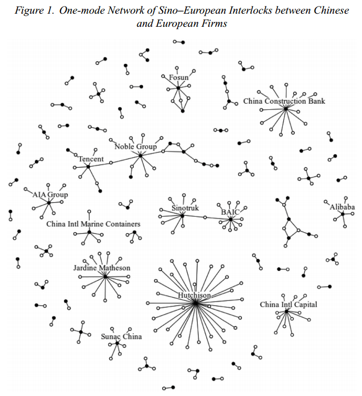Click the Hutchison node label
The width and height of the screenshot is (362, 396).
(194, 295)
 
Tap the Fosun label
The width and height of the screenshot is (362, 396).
(179, 78)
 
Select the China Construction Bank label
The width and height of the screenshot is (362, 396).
(283, 101)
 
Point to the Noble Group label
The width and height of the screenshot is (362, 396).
(135, 146)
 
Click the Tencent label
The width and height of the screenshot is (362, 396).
(91, 159)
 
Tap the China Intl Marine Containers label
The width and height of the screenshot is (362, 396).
(93, 224)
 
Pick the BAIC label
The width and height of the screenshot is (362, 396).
(230, 211)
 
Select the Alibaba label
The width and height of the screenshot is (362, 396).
(342, 207)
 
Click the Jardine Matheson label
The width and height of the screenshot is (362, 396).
(102, 268)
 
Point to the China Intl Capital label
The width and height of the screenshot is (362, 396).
(288, 304)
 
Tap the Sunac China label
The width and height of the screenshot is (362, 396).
(121, 336)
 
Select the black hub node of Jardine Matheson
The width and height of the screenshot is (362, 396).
(105, 276)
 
